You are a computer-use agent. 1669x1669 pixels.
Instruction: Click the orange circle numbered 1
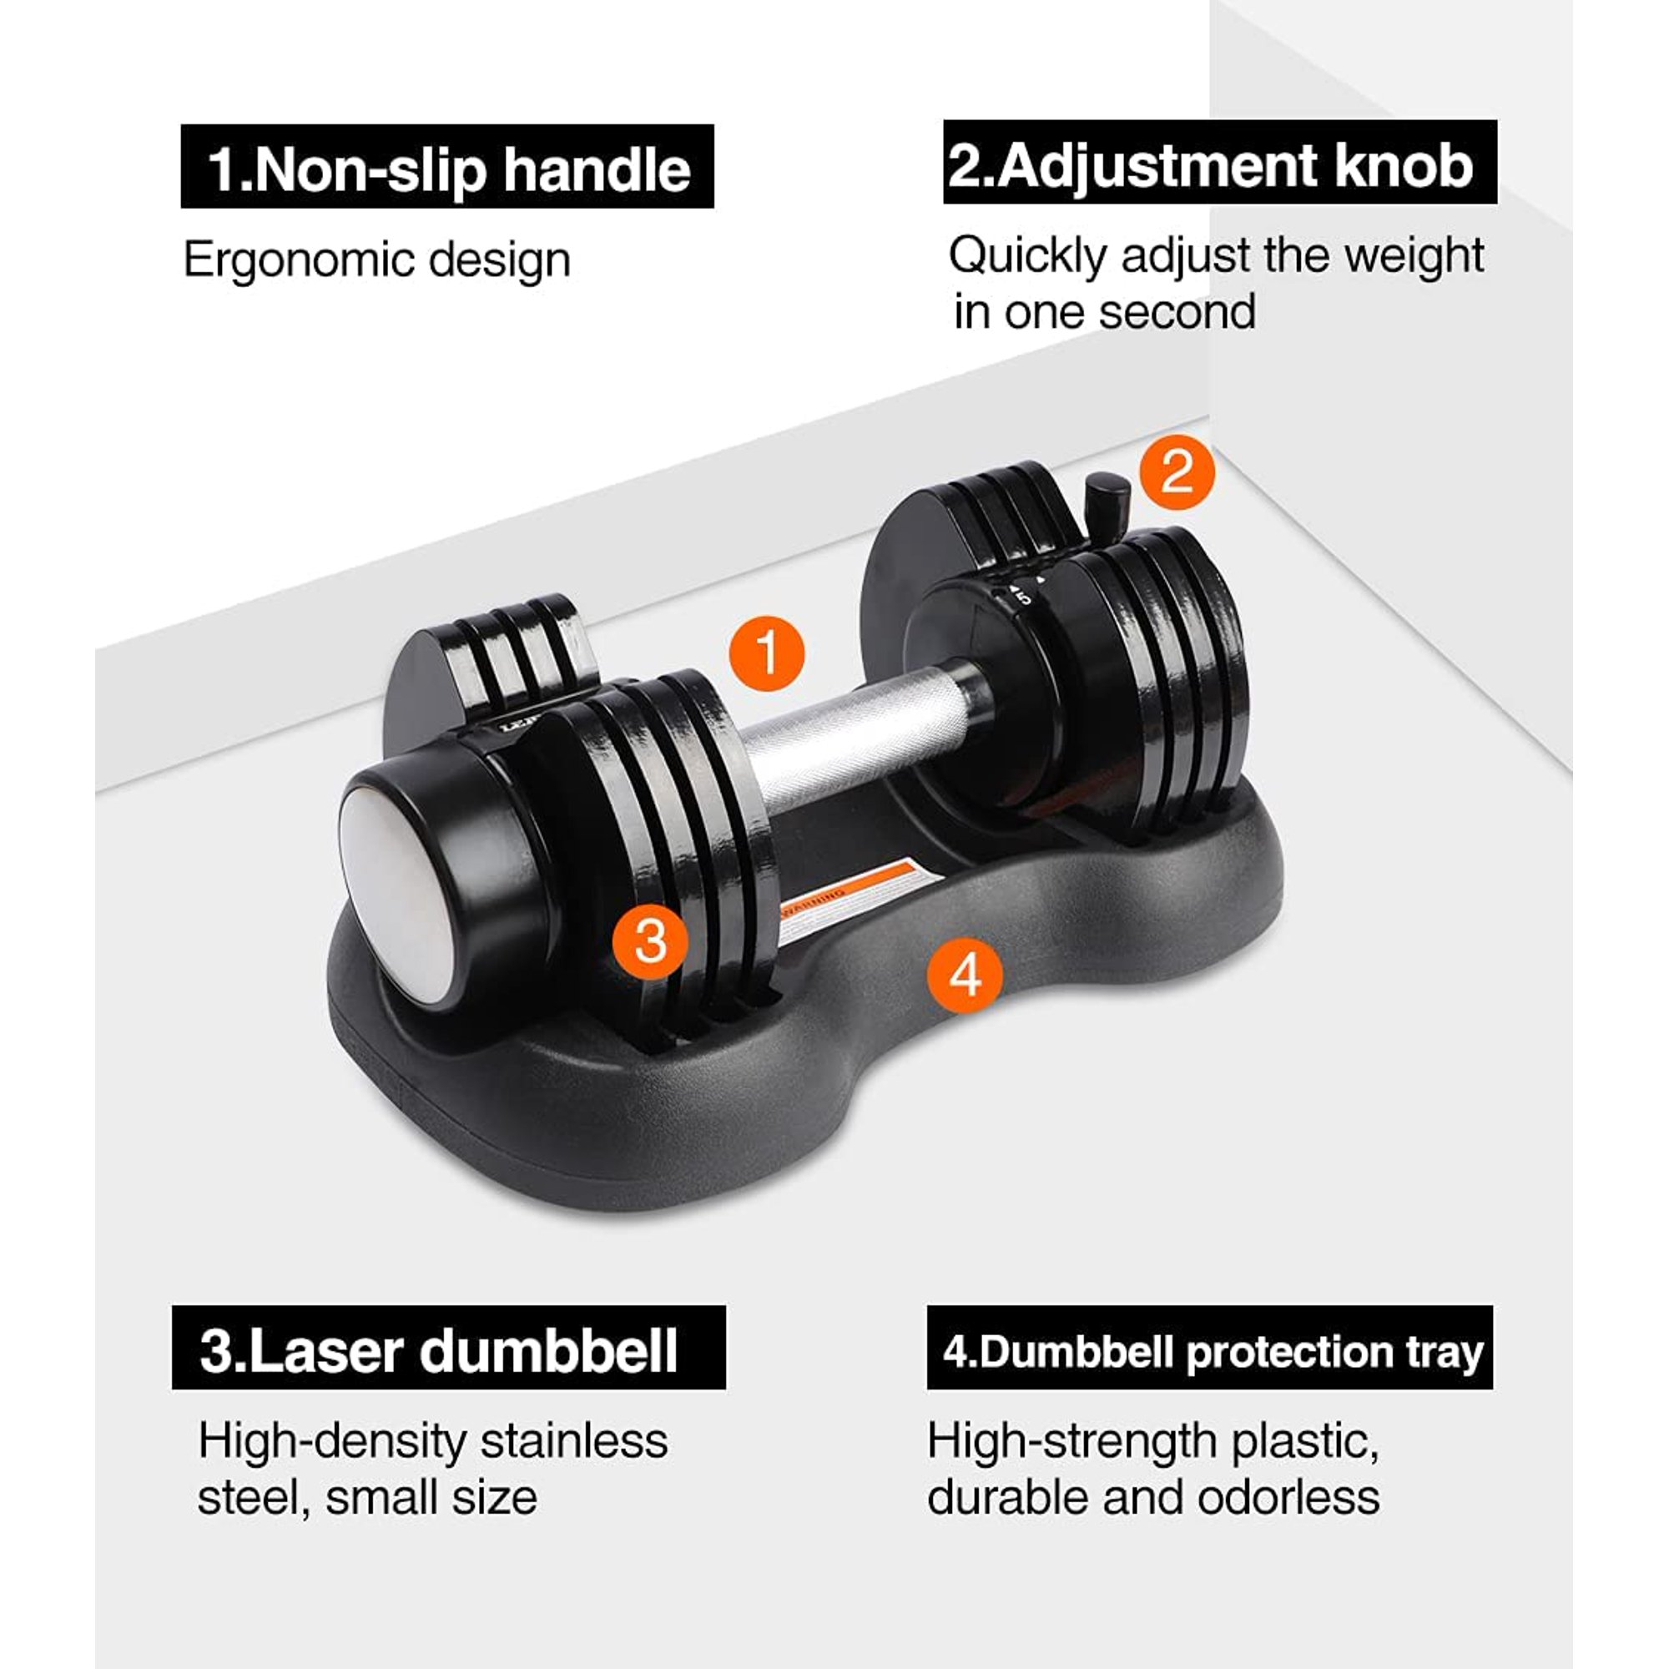coord(767,653)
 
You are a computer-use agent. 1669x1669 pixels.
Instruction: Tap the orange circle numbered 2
coord(1177,472)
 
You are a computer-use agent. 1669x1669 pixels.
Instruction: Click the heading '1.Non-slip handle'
coord(447,168)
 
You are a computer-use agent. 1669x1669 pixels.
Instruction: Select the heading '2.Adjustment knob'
coord(1219,164)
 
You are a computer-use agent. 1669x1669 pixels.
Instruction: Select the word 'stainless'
coord(573,1441)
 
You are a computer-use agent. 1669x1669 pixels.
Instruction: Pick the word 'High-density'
coord(332,1441)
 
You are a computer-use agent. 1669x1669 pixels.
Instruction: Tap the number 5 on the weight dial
coord(1024,597)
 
